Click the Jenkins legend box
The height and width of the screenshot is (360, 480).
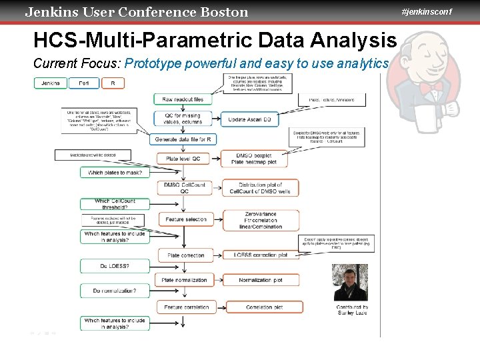[51, 83]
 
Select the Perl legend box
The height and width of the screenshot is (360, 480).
[84, 83]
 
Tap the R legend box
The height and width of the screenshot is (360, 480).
[113, 83]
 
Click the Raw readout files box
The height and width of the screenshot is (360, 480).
[183, 99]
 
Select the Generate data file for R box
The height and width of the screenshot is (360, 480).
[184, 139]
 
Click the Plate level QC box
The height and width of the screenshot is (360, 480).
[183, 159]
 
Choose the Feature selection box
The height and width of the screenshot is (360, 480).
[186, 219]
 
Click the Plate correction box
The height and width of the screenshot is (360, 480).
[186, 255]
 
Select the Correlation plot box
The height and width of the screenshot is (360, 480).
[264, 307]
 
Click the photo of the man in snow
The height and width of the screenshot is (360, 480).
[350, 283]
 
